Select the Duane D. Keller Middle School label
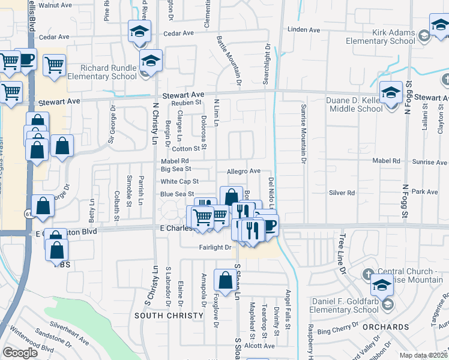(354, 104)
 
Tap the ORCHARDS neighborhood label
(391, 327)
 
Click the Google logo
(20, 353)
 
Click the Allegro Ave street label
(243, 172)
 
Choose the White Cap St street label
(179, 181)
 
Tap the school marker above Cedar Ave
(139, 31)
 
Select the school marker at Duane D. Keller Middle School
(391, 93)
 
